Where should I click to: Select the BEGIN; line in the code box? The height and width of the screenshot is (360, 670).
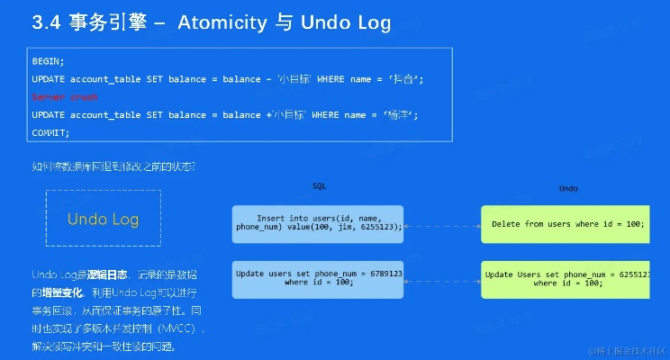point(48,61)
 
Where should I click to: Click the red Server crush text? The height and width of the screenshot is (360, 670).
point(64,96)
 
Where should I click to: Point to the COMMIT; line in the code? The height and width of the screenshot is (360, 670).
point(50,132)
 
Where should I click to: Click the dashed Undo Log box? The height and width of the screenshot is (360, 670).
point(103,218)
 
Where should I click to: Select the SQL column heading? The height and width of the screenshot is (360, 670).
point(319,185)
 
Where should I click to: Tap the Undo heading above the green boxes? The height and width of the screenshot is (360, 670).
point(568,188)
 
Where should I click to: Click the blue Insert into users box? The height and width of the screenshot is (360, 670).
point(318,223)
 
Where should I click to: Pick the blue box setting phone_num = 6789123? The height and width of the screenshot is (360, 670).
point(318,278)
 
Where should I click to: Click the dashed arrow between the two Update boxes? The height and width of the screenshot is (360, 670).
point(441,279)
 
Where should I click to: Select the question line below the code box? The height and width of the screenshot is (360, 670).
point(113,166)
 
